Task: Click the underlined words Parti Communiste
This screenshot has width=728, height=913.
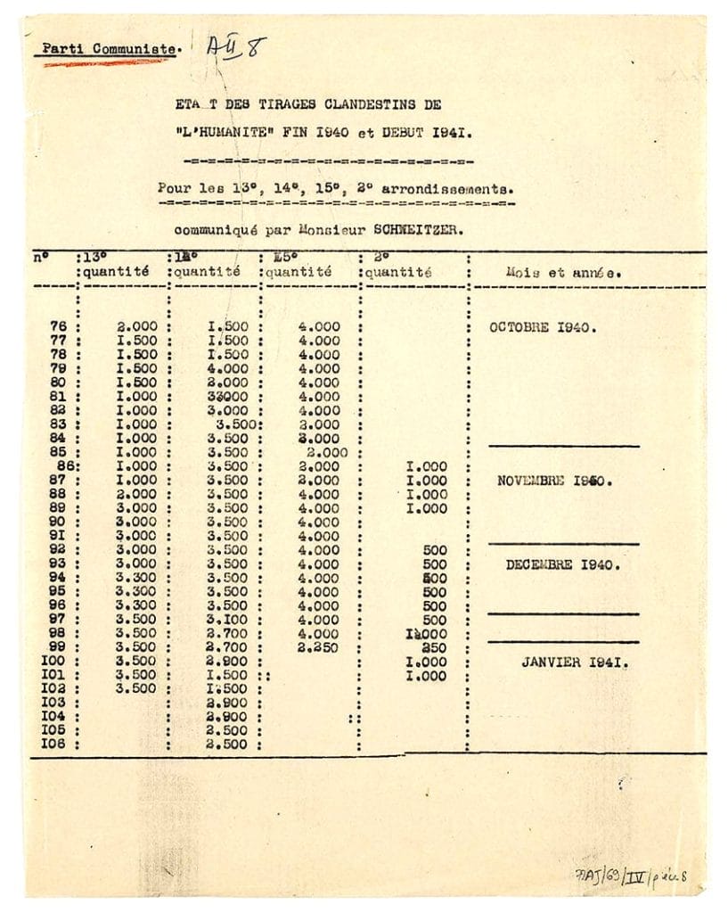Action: tap(109, 49)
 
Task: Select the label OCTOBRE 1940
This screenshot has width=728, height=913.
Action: tap(543, 327)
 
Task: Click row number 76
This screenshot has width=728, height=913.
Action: tap(59, 327)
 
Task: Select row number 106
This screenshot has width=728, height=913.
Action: tap(54, 744)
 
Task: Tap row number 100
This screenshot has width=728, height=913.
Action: tap(54, 662)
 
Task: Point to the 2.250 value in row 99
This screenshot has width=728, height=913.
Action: tap(318, 648)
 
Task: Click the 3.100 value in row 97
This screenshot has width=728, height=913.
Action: tap(226, 621)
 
